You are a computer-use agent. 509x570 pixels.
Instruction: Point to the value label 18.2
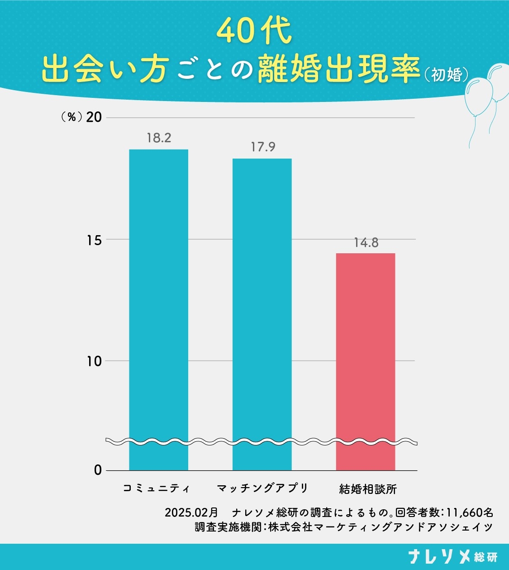point(159,138)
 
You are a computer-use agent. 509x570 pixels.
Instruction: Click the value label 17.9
point(263,147)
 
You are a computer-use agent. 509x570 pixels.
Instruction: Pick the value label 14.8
point(366,242)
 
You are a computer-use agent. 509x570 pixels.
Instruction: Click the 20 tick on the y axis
point(94,117)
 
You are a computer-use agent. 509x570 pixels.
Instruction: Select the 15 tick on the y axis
point(94,240)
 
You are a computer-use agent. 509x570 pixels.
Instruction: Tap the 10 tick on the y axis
point(94,361)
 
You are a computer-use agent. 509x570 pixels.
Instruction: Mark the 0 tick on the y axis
point(98,470)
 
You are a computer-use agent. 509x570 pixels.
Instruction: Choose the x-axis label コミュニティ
point(157,488)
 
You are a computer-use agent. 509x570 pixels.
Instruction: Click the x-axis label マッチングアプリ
point(262,488)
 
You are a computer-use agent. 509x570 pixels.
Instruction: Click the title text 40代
point(254,31)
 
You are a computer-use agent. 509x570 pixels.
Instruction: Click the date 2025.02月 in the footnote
point(191,512)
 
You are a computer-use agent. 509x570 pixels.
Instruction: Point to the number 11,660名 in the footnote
point(470,512)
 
